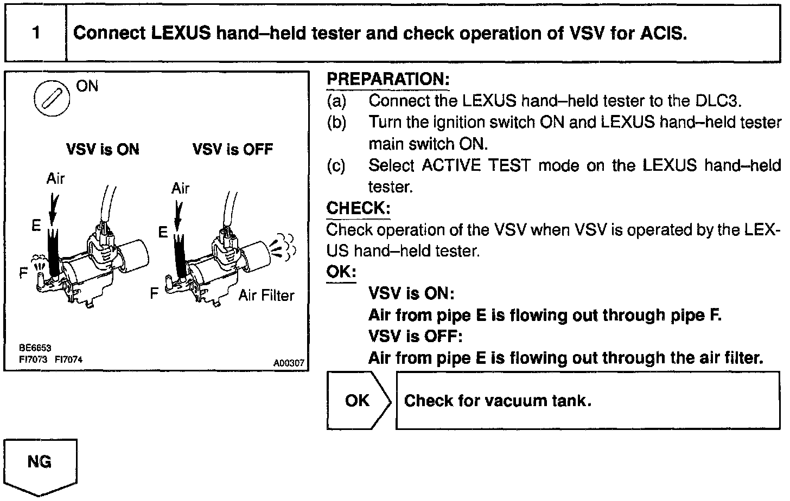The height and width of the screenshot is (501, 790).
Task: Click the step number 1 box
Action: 36,33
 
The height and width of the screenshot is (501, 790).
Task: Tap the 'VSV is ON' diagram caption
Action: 103,149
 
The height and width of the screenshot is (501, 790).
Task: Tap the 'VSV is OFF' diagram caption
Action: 232,149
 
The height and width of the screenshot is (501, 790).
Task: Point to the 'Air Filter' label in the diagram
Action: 266,296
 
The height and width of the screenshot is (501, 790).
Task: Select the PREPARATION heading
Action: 388,79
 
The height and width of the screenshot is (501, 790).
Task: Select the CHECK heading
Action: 358,208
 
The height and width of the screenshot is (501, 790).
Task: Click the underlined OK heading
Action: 341,272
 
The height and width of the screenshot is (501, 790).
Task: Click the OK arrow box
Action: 358,401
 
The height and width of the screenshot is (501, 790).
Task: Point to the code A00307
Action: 289,363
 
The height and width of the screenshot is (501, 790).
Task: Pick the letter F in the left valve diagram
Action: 23,273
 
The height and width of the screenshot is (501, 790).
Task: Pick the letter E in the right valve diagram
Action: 163,233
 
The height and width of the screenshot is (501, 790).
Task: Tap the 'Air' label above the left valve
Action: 55,179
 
